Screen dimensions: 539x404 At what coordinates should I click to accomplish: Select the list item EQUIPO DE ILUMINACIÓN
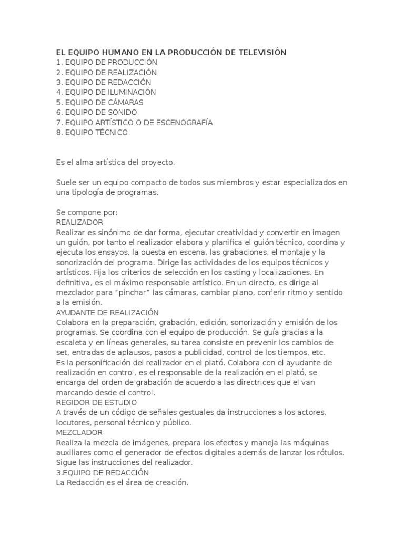tap(106, 92)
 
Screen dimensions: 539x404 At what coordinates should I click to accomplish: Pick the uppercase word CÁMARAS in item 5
tap(125, 102)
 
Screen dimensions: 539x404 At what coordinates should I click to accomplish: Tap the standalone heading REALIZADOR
tap(79, 223)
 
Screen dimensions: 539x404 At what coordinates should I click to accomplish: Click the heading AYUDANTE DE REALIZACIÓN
tap(107, 313)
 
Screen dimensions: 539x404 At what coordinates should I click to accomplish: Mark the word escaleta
tap(73, 343)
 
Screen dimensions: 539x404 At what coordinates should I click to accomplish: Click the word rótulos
tap(327, 453)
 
